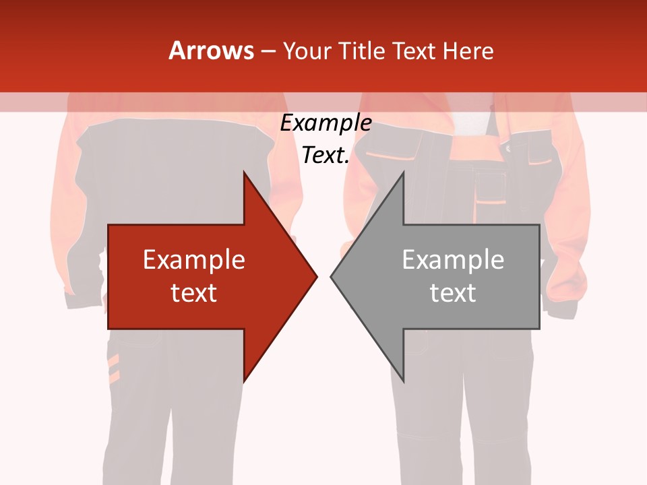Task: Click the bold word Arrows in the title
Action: [211, 51]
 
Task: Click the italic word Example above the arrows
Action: [326, 123]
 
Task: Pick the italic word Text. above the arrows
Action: [326, 156]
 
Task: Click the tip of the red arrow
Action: [316, 276]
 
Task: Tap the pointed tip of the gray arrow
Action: [332, 276]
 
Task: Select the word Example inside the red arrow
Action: [194, 260]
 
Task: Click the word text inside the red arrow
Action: [194, 293]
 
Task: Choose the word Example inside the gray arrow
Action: [453, 260]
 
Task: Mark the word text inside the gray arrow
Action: [453, 293]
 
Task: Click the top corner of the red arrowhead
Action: [245, 173]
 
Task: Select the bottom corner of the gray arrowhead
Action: [402, 381]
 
